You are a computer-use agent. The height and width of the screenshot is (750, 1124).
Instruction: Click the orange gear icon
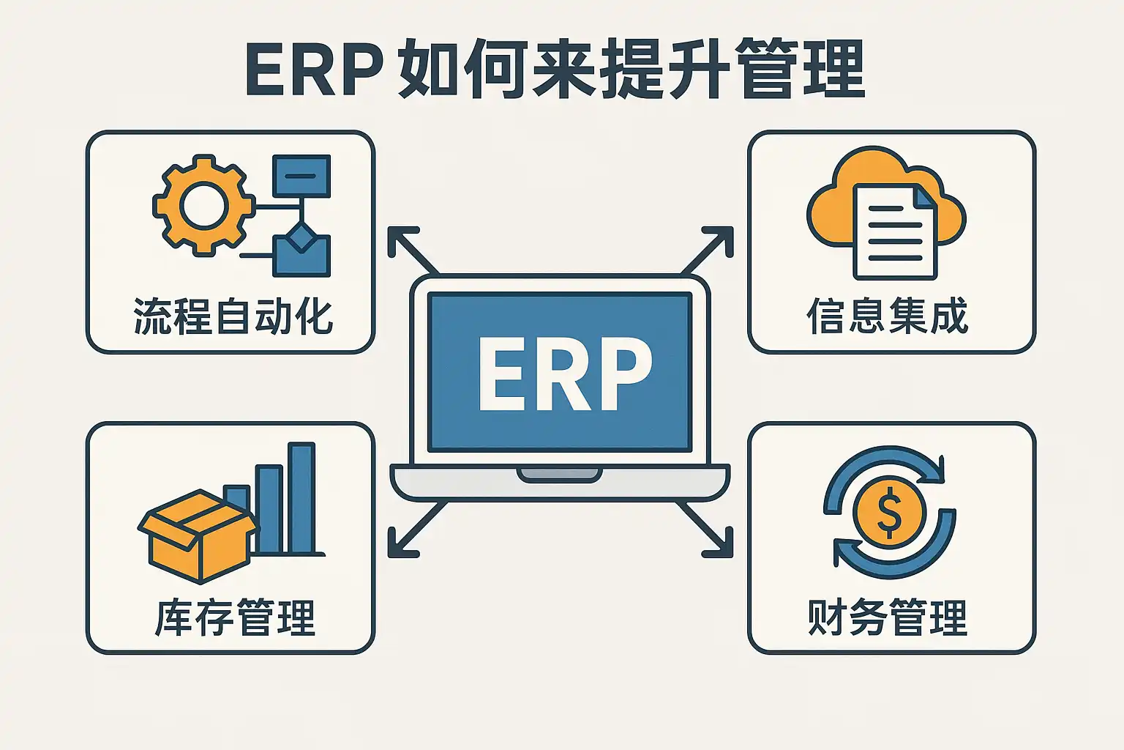[203, 205]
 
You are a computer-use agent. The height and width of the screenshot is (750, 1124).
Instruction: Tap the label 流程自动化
[233, 316]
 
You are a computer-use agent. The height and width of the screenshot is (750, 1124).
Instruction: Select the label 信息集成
[888, 316]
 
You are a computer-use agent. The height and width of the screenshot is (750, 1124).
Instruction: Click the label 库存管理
[235, 617]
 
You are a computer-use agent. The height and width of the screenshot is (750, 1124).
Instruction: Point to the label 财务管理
[888, 617]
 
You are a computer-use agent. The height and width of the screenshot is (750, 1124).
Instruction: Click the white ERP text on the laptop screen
[564, 374]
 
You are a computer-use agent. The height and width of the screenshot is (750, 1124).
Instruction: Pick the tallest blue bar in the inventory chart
[301, 497]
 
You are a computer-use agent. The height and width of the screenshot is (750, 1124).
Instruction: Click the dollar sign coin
[889, 512]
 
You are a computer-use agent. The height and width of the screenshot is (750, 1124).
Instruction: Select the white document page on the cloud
[894, 231]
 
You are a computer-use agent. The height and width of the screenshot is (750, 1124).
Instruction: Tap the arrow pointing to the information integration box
[710, 249]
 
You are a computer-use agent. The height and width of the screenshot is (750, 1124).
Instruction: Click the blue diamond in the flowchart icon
[301, 237]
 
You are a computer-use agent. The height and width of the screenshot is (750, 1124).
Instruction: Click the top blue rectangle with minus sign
[301, 176]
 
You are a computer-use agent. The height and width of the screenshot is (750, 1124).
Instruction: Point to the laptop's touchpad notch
[560, 474]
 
